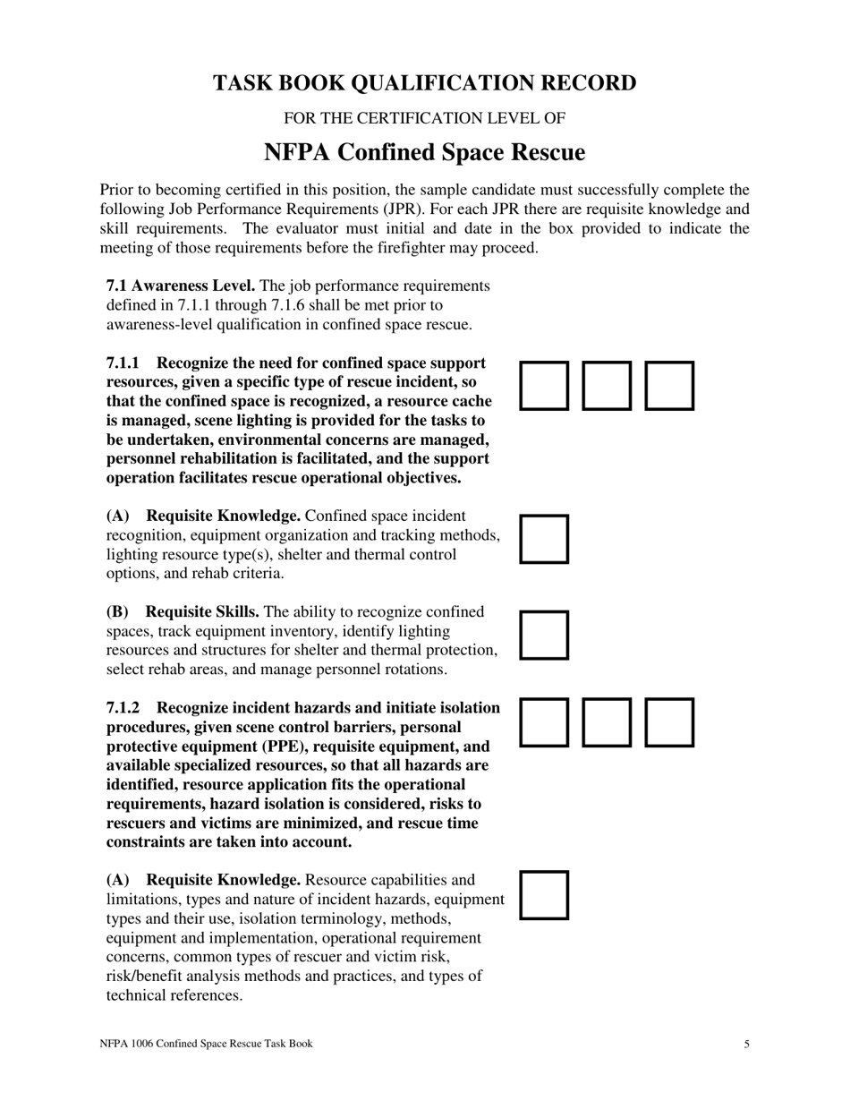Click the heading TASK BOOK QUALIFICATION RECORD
(424, 83)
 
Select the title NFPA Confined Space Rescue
(424, 153)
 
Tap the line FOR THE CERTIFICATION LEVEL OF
(424, 118)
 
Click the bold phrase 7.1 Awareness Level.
(181, 286)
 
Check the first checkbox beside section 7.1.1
(544, 386)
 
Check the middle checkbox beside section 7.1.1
(607, 386)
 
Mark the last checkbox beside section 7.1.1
(669, 386)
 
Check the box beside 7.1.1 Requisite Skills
(544, 635)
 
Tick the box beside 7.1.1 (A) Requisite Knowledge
(544, 538)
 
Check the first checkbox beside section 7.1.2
(544, 722)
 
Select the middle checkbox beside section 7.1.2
(607, 722)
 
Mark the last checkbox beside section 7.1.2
(669, 722)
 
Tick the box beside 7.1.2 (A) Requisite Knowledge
(544, 895)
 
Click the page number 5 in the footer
(746, 1044)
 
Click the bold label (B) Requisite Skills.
(183, 612)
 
